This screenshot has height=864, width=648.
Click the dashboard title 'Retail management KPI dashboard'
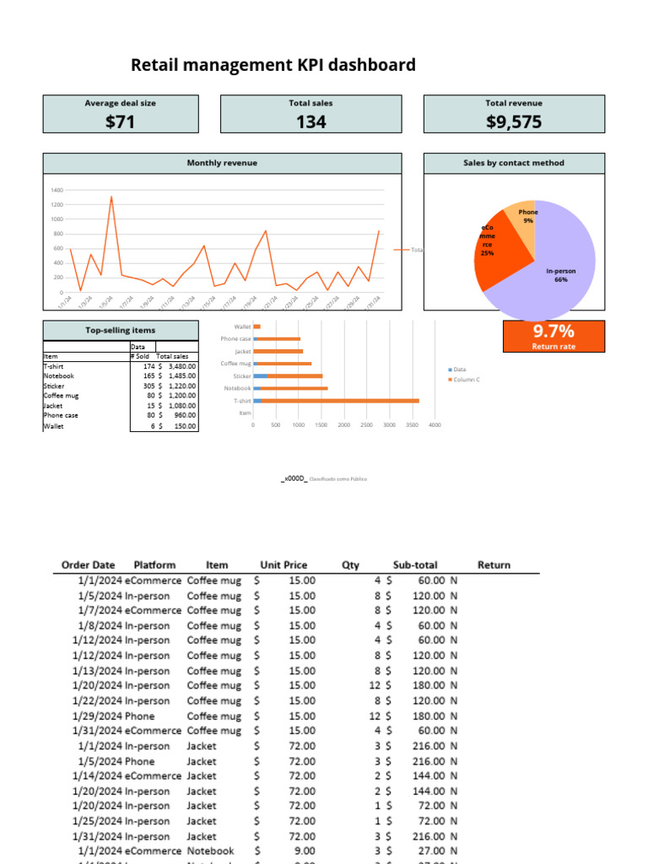273,65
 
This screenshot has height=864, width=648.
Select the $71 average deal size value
121,122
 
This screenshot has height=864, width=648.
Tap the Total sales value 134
310,122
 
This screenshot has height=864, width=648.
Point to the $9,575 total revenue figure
514,122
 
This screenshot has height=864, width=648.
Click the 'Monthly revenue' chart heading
222,163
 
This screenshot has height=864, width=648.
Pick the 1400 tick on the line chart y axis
57,191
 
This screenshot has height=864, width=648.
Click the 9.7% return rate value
553,331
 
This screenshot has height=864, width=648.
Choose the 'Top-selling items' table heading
121,330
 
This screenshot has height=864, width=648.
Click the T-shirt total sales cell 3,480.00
181,366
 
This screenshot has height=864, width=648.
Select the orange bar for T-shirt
337,401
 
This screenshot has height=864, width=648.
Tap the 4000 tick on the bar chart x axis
435,425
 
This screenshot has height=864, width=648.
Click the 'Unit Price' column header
283,565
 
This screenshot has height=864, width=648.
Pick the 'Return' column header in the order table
494,565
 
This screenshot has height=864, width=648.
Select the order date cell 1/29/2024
97,715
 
